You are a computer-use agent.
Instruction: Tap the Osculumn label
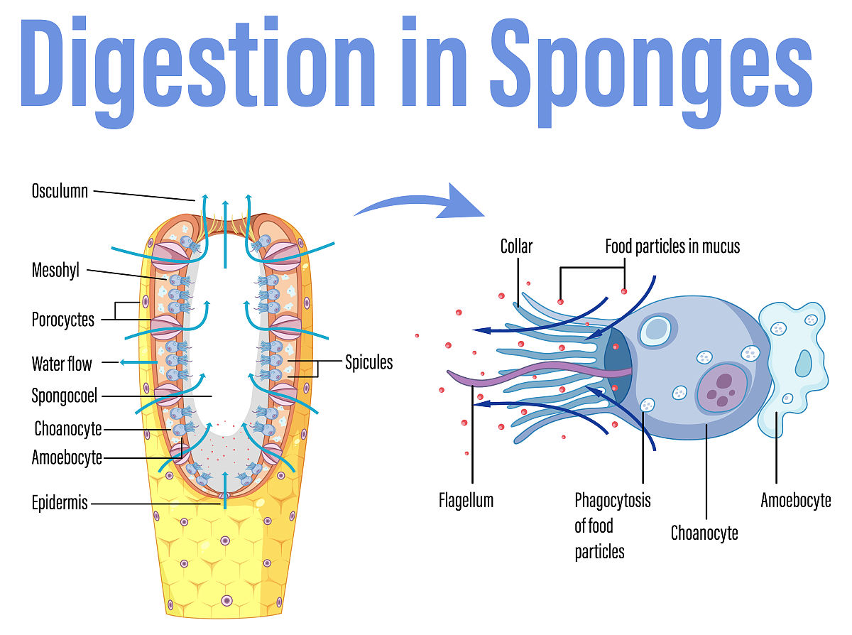[60, 190]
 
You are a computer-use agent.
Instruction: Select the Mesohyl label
[55, 271]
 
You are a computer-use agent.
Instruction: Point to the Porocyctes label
[62, 320]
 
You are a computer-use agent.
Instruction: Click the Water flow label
[62, 364]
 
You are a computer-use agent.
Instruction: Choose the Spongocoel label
[65, 396]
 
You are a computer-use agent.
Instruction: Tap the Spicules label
[368, 362]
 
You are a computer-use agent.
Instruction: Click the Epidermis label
[60, 503]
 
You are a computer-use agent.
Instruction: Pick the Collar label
[516, 246]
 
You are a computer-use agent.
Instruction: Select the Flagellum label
[466, 500]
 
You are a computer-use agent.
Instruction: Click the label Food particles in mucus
[672, 246]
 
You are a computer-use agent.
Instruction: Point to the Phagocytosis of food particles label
[612, 526]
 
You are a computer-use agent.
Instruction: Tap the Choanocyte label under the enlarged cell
[704, 533]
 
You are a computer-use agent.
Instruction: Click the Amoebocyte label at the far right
[795, 500]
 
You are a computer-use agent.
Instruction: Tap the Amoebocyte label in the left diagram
[67, 457]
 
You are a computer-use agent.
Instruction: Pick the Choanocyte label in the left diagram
[68, 428]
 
